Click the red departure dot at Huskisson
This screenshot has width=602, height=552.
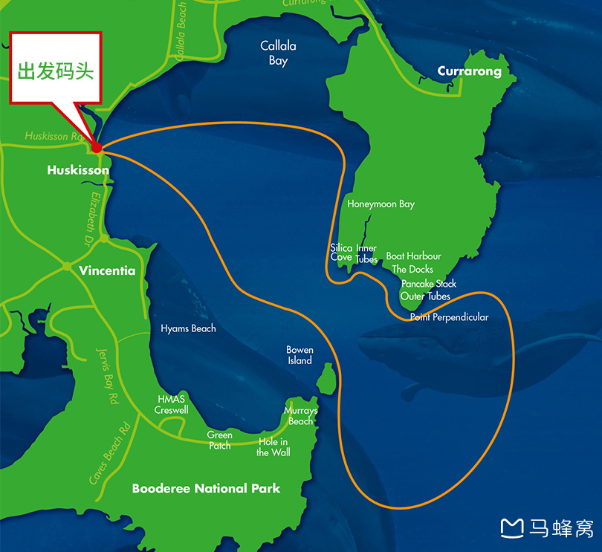97,148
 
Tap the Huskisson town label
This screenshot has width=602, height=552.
78,170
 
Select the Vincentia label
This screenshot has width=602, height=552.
107,271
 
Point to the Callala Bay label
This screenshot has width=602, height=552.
278,53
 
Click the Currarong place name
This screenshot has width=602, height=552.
469,71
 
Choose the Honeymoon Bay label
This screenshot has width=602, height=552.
381,204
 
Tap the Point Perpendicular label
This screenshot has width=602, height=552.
449,317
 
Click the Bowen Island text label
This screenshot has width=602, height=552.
300,355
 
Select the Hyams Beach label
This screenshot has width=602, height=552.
188,328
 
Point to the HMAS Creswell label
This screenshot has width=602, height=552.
171,405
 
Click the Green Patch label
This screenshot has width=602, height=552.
220,440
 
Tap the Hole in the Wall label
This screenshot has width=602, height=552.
274,447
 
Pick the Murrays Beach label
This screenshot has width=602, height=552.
300,416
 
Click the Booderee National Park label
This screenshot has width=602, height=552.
206,488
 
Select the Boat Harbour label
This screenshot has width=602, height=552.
413,256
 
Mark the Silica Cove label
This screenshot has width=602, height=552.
341,253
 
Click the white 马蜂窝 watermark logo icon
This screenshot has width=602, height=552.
512,528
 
